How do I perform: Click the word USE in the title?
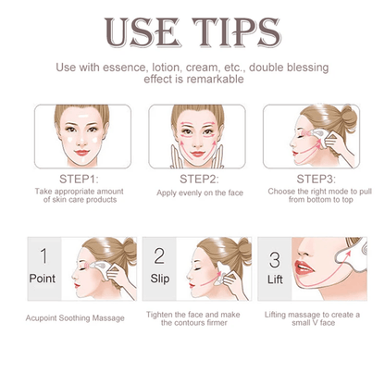point(142,32)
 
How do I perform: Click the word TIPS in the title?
point(236,32)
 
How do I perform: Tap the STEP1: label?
point(79,179)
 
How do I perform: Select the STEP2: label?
point(199,179)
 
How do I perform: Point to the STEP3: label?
point(316,179)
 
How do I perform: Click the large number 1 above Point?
point(43,255)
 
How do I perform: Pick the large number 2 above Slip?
point(159,255)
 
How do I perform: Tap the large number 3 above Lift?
point(274,260)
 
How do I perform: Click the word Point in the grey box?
point(43,279)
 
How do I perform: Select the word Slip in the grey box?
point(160,279)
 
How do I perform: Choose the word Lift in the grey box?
point(275,279)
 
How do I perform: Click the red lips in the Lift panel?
point(304,268)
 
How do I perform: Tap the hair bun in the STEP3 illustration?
point(349,116)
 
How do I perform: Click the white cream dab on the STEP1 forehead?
point(82,118)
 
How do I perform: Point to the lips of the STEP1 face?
point(81,153)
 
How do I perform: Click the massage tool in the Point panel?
point(100,268)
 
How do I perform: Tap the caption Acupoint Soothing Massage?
point(75,318)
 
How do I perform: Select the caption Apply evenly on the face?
point(200,193)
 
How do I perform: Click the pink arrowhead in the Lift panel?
point(348,254)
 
